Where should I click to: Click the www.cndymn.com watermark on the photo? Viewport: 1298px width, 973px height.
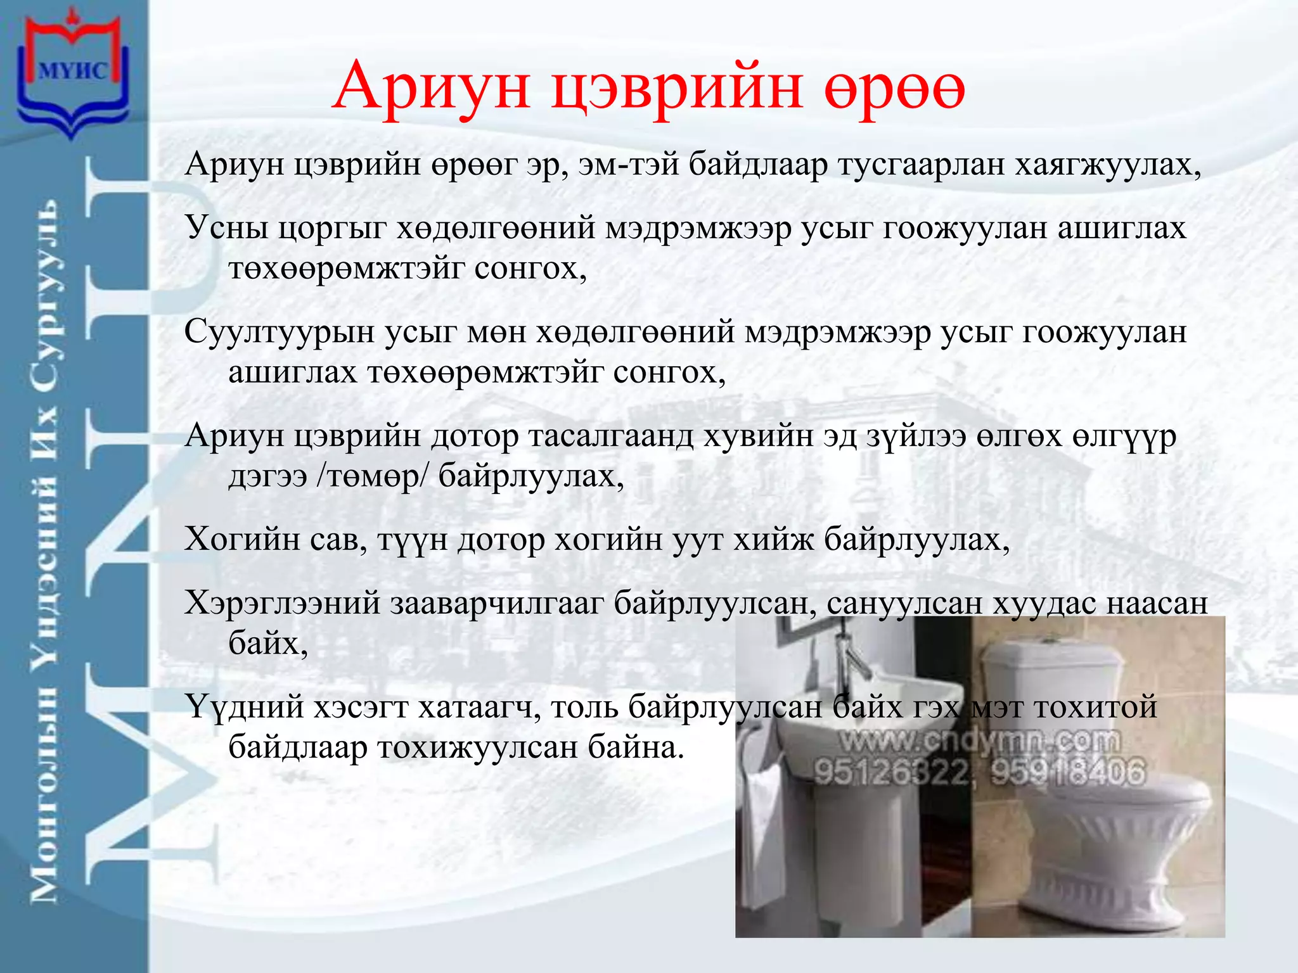click(x=979, y=740)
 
